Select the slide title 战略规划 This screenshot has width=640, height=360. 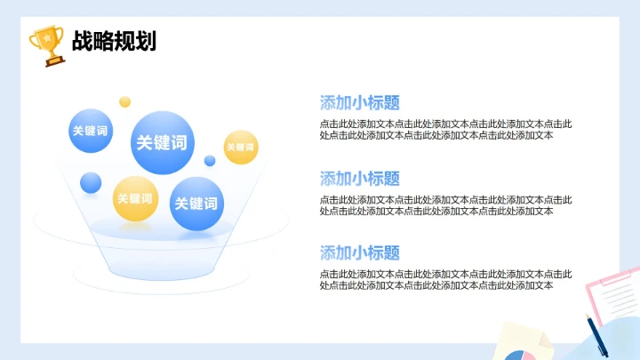114,41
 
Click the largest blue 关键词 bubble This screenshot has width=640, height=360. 162,142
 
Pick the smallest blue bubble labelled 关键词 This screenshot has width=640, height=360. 90,131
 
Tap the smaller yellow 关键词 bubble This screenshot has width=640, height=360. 240,147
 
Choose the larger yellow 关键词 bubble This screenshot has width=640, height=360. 135,198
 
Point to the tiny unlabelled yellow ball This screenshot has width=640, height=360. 125,101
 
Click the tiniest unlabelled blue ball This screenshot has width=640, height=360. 210,161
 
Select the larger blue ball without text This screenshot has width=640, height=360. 91,183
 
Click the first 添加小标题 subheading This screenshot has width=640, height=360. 359,102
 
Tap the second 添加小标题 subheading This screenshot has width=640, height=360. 359,178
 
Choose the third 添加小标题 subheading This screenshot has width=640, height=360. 359,252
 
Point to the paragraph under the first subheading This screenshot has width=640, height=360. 445,130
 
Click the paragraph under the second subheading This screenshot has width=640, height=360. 445,205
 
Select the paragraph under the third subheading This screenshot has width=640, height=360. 445,279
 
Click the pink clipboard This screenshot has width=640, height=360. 613,293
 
